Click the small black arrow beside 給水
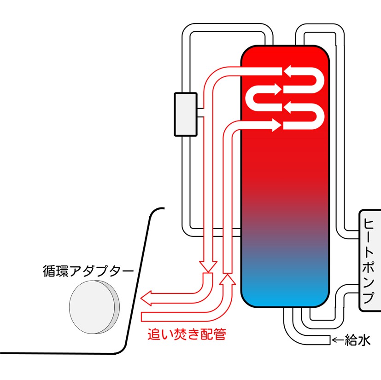point(338,340)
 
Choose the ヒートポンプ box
point(369,260)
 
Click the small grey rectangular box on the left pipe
point(185,114)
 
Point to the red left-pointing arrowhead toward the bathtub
point(147,299)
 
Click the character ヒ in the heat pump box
point(369,223)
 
